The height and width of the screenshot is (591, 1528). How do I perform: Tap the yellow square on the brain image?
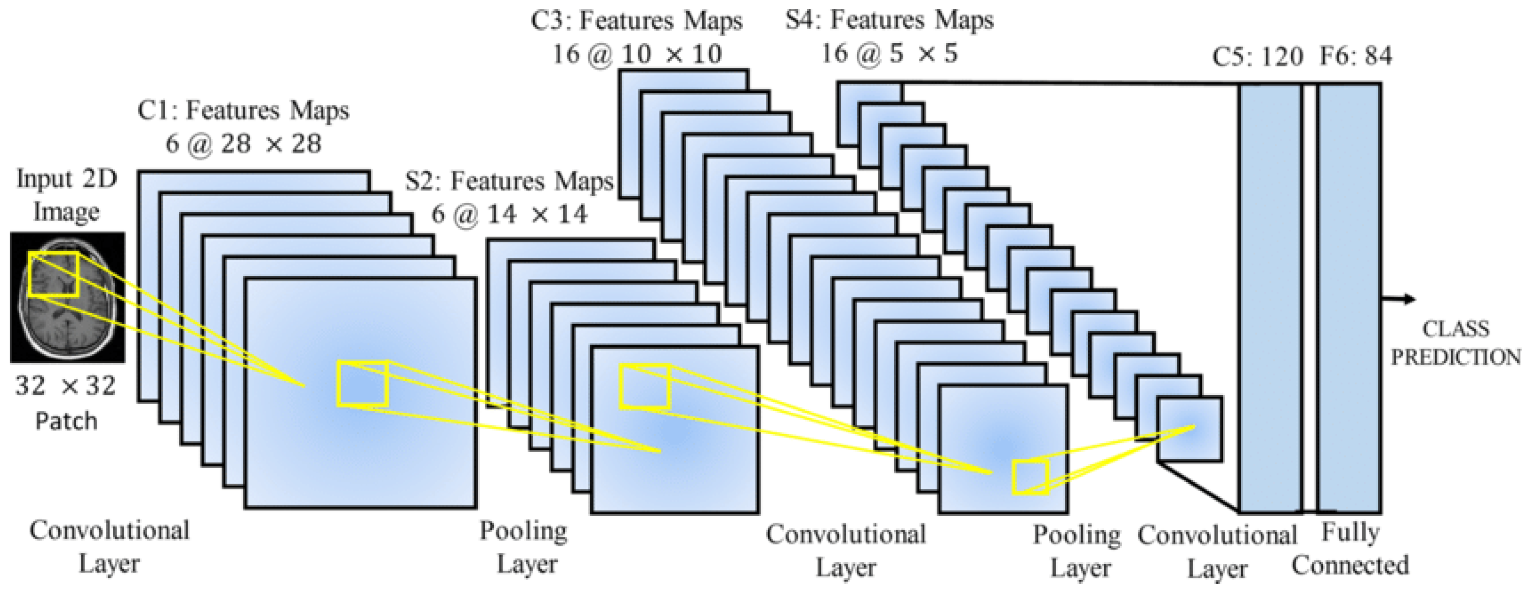coord(53,274)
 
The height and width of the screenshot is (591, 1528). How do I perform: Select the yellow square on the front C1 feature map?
coord(363,384)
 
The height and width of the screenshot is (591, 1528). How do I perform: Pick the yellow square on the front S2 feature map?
coord(645,387)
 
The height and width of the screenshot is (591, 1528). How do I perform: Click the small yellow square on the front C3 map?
coord(1030,477)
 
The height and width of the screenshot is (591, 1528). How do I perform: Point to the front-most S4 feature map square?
coord(1189,429)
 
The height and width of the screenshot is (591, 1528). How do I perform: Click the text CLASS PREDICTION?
coord(1456,343)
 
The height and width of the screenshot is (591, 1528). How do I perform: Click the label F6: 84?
coord(1355,56)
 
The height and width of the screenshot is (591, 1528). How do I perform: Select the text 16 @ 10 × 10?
coord(637,54)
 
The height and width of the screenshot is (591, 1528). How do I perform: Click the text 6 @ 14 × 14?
coord(509,214)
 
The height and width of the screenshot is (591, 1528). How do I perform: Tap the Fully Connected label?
coord(1350,548)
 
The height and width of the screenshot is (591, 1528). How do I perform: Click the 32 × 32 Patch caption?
coord(66,403)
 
